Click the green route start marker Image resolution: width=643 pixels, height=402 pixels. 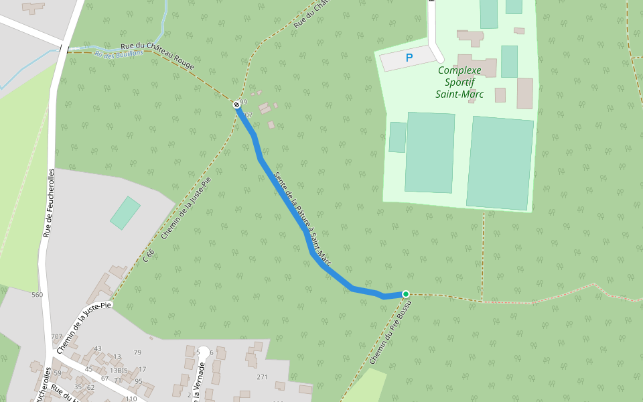[405, 293]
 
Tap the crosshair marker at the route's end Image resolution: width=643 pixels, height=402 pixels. [236, 105]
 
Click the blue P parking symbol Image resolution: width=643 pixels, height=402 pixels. [409, 58]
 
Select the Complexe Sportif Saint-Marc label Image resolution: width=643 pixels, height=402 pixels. [459, 82]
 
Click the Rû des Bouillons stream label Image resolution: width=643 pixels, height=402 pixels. [119, 54]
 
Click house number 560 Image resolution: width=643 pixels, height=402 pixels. [37, 295]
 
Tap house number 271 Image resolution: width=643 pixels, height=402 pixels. [262, 377]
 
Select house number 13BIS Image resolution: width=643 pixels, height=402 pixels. [118, 371]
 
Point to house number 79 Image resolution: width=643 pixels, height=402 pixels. [137, 352]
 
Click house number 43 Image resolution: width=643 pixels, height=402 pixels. [98, 348]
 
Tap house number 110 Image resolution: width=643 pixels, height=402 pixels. [131, 399]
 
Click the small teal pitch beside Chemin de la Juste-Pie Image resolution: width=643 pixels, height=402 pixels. [125, 213]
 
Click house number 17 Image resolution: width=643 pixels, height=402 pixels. [142, 369]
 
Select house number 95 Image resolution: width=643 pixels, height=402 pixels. [138, 381]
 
